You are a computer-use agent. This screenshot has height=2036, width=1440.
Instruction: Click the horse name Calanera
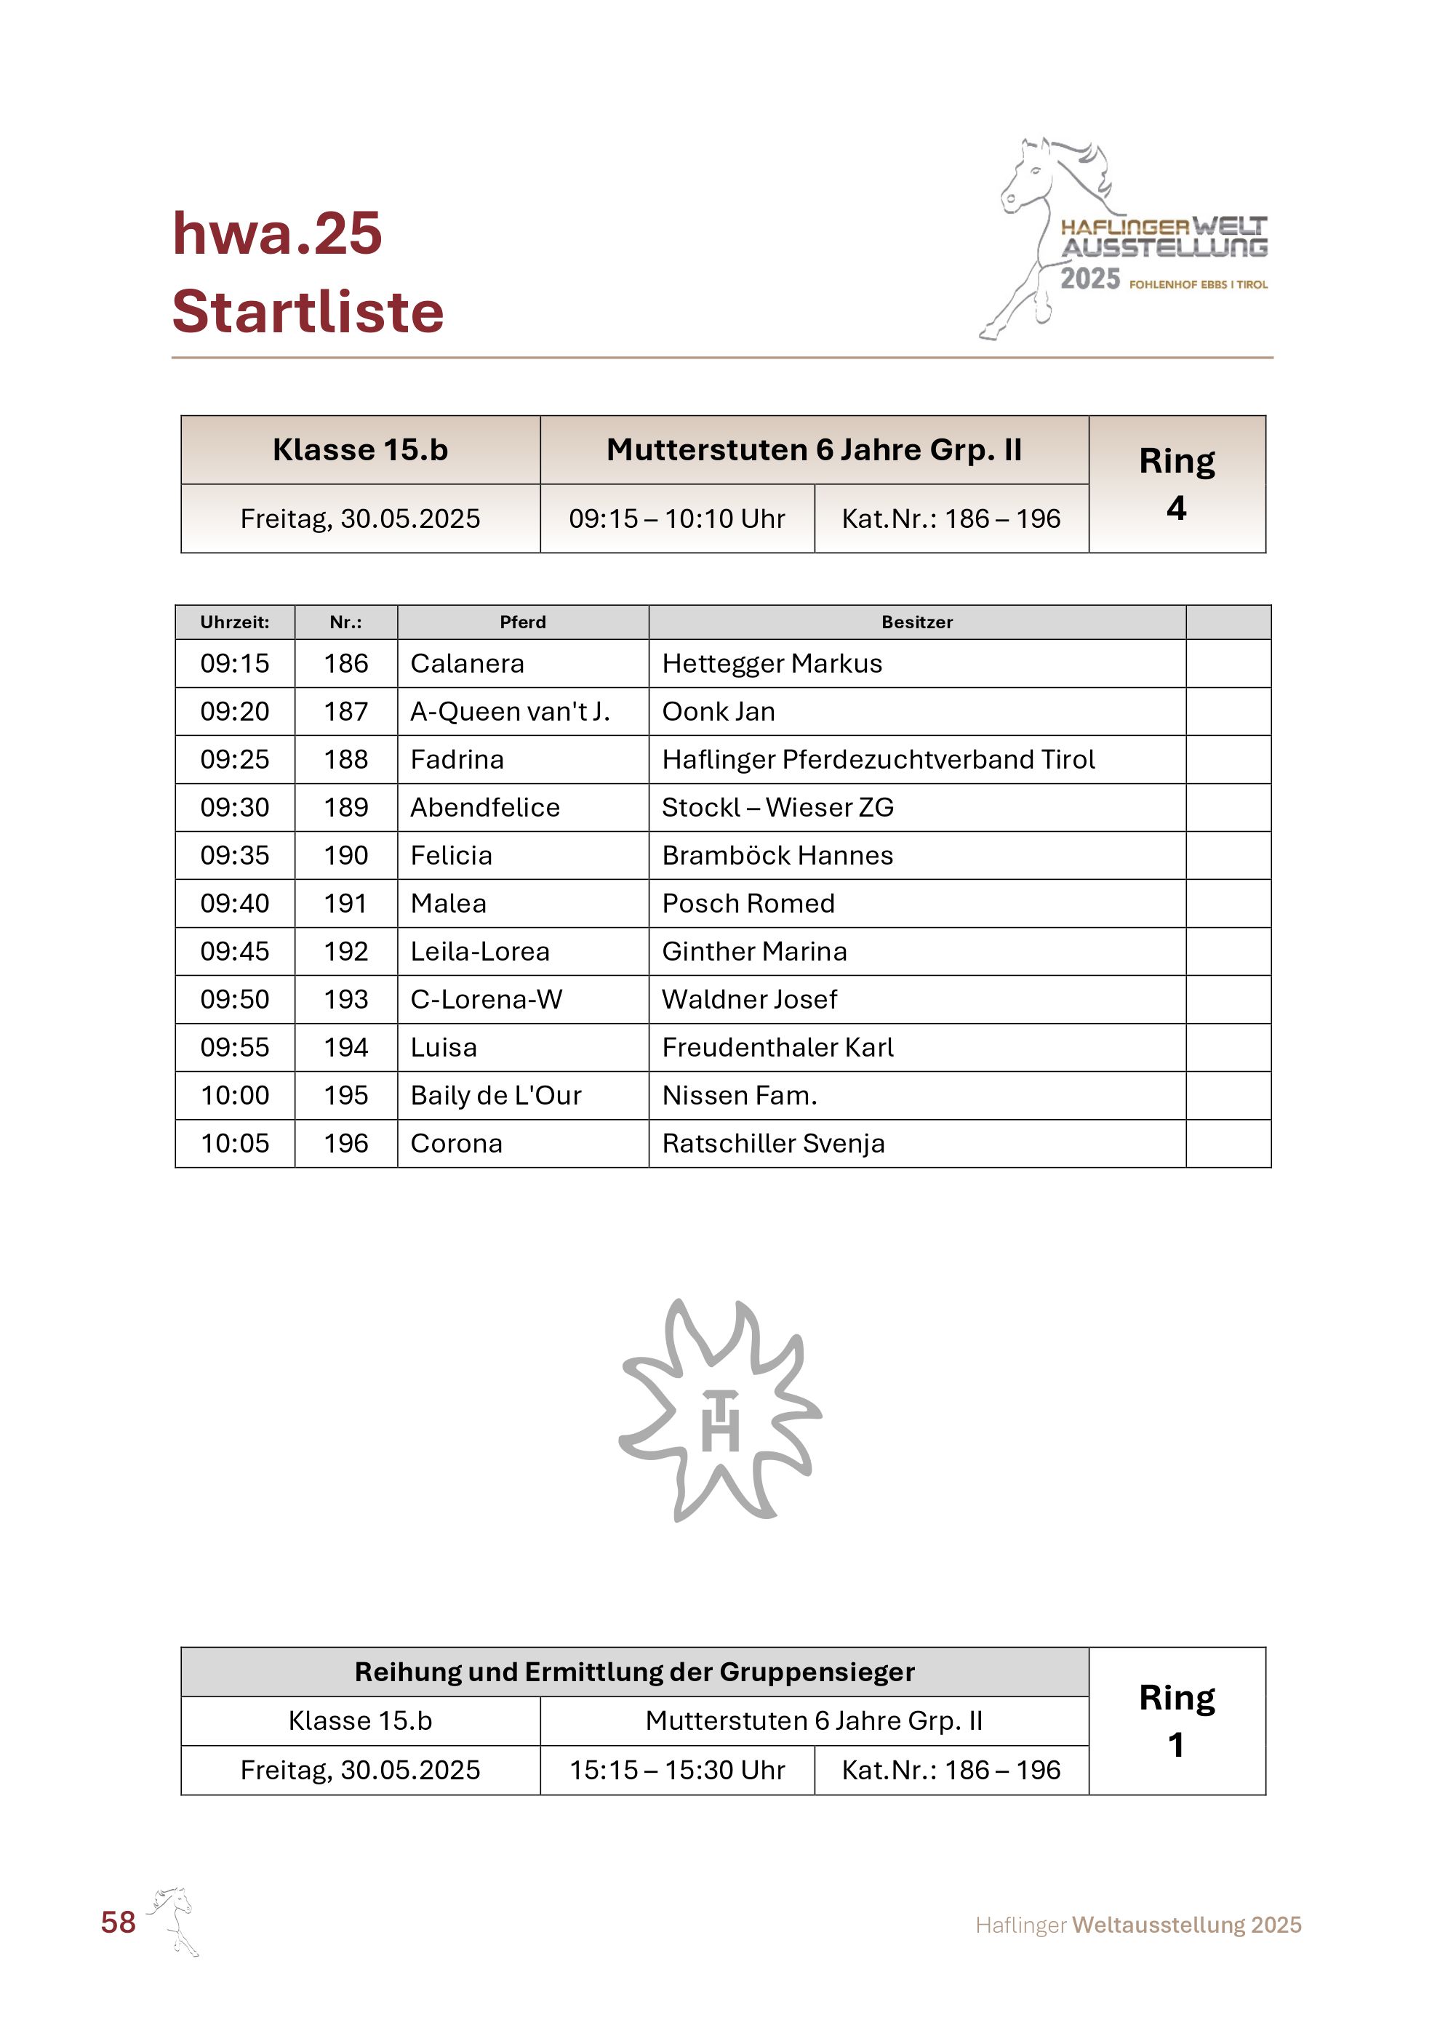tap(468, 663)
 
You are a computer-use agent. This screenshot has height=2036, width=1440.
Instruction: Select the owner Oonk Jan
tap(719, 711)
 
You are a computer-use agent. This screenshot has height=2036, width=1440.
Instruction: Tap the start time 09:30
tap(235, 807)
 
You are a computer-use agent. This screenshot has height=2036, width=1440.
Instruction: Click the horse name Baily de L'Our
tap(496, 1095)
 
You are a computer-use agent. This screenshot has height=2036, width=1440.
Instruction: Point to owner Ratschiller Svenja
tap(773, 1143)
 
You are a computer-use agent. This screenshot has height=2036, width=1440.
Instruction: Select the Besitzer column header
tap(917, 622)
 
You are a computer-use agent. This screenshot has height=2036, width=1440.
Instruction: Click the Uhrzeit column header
tap(235, 622)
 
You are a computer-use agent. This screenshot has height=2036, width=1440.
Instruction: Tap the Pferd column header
tap(523, 622)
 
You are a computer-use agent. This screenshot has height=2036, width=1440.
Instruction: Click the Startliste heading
tap(308, 312)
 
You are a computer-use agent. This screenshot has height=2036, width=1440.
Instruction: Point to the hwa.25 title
tap(276, 234)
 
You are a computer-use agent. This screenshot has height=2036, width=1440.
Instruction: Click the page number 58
tap(118, 1922)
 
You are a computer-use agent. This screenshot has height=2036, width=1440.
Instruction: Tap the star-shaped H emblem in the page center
tap(720, 1411)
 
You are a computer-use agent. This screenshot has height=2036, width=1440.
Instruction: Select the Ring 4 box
tap(1177, 484)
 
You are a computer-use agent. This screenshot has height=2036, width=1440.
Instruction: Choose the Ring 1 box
tap(1177, 1721)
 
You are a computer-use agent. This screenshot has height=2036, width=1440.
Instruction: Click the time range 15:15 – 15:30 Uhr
tap(676, 1770)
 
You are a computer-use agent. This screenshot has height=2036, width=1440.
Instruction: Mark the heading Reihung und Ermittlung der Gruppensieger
tap(634, 1672)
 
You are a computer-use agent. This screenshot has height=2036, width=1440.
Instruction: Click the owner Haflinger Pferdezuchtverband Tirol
tap(878, 759)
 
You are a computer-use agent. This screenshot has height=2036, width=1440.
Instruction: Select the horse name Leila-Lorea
tap(480, 952)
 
